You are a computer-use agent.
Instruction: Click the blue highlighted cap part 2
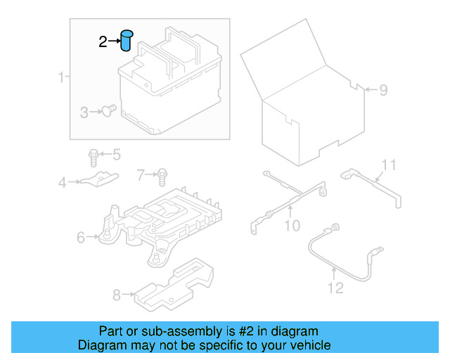(127, 40)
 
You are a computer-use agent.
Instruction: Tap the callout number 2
(103, 42)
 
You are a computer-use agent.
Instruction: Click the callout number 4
(62, 183)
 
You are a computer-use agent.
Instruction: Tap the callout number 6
(82, 238)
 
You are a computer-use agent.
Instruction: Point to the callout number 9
(383, 90)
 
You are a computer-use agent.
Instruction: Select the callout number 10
(292, 225)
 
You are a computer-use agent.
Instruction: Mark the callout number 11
(389, 165)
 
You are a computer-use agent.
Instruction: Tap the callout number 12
(335, 287)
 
